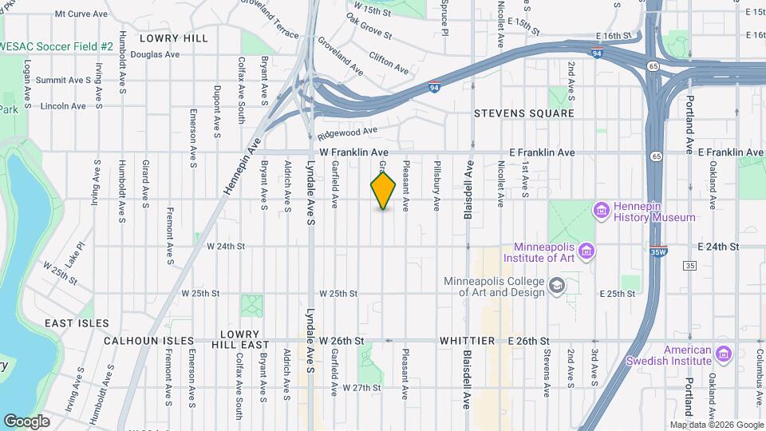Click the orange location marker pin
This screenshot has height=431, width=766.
[384, 191]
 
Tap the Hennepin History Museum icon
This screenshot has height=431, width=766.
[602, 210]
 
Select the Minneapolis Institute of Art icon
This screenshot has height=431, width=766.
[586, 251]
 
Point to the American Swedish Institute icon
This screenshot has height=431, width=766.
[724, 354]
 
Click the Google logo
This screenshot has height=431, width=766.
[26, 421]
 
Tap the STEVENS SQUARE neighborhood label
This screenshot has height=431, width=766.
[523, 113]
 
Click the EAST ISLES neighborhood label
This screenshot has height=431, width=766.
[76, 323]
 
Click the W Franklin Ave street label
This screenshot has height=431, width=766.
[353, 152]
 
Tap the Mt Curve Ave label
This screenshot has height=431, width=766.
[81, 14]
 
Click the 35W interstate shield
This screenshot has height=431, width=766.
[658, 251]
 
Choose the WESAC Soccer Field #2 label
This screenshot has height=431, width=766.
[57, 47]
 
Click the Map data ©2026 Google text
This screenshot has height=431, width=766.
[715, 425]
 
